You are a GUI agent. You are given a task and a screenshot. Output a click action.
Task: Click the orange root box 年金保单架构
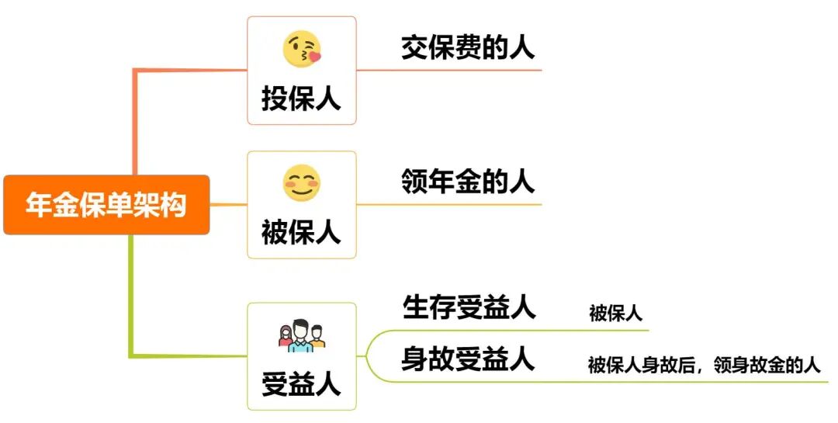point(106,205)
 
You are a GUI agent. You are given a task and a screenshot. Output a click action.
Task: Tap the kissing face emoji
point(301,49)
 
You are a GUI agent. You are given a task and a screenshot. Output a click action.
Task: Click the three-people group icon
point(301,335)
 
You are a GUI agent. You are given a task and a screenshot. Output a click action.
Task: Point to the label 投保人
point(301,99)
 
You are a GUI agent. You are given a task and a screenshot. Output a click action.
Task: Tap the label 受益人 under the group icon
point(301,383)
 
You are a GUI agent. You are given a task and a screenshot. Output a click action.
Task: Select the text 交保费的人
point(468,48)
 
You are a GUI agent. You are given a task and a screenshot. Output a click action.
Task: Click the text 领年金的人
point(468,182)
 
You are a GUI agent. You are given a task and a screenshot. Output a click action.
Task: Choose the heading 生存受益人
point(469,307)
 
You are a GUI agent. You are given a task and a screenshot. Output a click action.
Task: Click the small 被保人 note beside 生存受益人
point(615,314)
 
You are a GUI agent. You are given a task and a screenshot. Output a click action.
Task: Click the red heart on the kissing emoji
point(314,57)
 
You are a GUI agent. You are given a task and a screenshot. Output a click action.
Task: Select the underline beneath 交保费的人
point(466,71)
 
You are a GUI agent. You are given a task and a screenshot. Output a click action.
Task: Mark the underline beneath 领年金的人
point(466,205)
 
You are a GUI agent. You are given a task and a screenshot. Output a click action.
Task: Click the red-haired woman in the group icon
point(284,336)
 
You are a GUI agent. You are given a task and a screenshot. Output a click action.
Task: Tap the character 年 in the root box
point(39,205)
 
